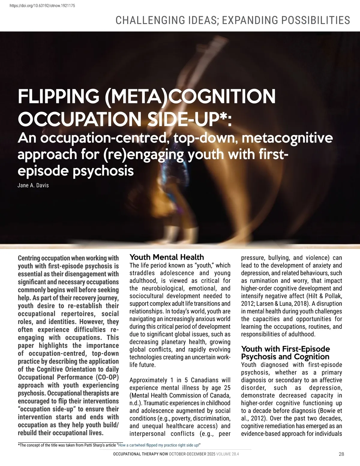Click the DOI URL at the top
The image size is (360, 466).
pos(42,6)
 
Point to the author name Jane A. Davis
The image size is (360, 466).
pos(33,185)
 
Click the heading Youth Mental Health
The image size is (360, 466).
pos(166,257)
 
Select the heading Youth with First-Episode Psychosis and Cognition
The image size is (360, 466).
pos(285,353)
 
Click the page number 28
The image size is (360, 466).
pos(341,454)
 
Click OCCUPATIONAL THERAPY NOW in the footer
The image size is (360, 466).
pos(140,454)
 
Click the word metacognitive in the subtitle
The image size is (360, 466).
pos(287,138)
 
